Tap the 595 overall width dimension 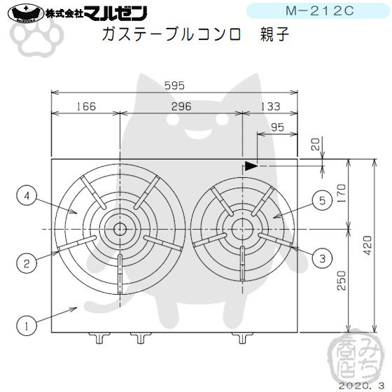174,86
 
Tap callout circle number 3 321,258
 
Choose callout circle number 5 321,201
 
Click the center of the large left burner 120,229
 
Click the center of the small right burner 242,227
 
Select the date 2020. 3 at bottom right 359,384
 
